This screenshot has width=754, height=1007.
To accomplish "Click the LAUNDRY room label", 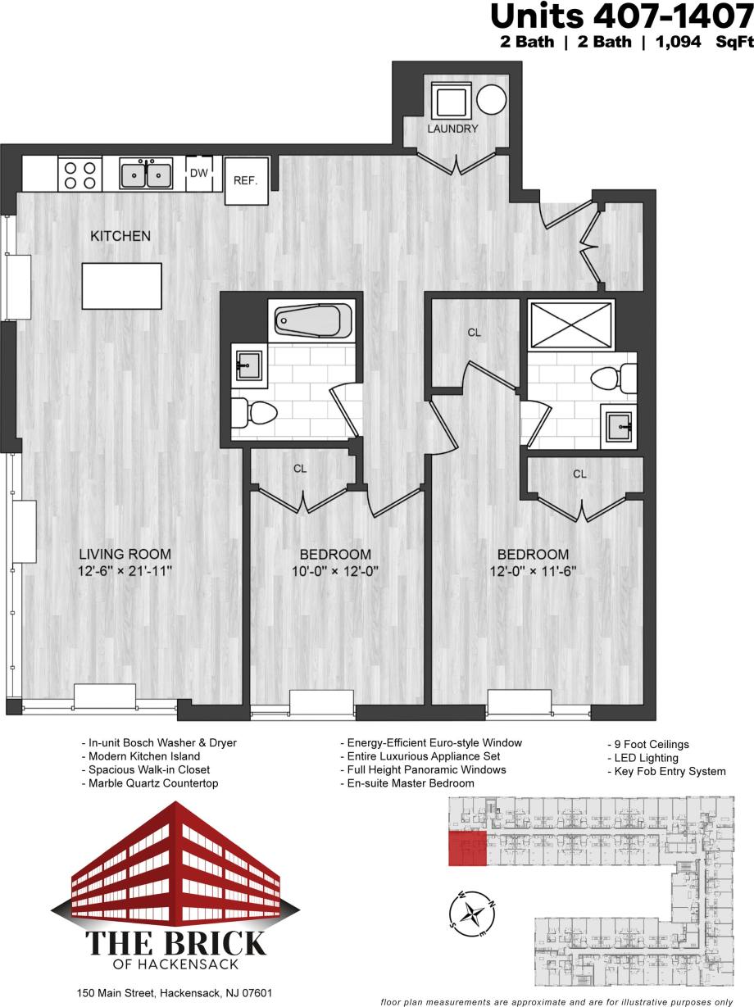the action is [452, 129].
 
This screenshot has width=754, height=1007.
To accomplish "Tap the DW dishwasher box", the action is [198, 173].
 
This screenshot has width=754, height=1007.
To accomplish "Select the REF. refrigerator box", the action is [246, 180].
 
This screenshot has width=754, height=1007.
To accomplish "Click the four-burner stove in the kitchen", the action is [79, 175].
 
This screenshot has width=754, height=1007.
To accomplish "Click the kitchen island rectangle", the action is [121, 285].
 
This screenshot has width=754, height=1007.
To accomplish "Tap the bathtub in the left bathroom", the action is [312, 320].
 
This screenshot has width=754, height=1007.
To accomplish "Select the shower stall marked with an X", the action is [571, 324].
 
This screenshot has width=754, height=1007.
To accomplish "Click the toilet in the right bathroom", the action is [614, 379].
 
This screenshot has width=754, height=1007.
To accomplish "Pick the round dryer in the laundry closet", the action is [492, 101].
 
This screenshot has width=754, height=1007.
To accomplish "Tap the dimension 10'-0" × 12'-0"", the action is [334, 570].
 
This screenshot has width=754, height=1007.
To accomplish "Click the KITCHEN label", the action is [120, 236].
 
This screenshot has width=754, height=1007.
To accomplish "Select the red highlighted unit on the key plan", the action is [467, 847].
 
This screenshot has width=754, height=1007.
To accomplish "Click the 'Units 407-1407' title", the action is [620, 16].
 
